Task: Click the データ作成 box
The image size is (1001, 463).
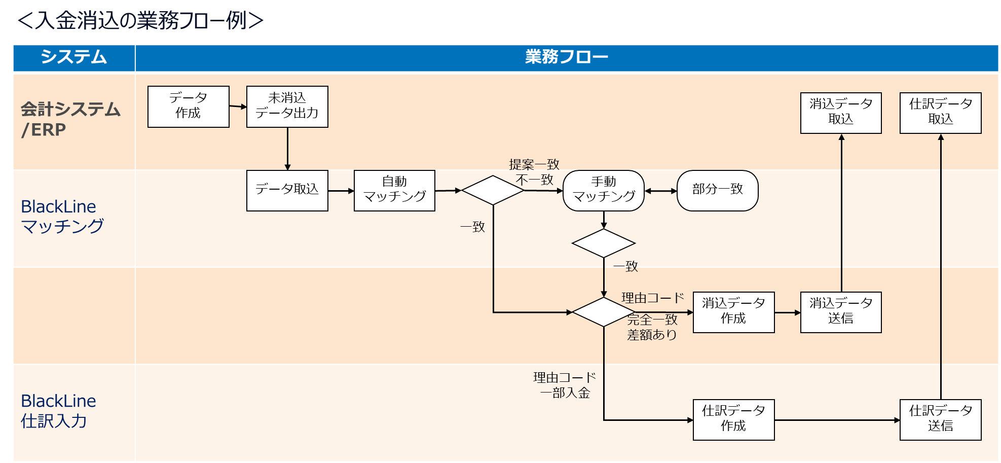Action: [x=188, y=106]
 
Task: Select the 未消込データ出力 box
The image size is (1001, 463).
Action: [x=287, y=106]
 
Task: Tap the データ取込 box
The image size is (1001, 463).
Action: [x=287, y=190]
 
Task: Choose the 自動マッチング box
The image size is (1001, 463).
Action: [x=394, y=190]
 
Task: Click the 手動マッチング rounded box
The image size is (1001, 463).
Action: [x=603, y=190]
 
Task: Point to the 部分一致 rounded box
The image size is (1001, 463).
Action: [x=717, y=190]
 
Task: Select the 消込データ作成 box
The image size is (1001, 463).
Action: [x=733, y=312]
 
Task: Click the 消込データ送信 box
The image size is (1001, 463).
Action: [x=841, y=312]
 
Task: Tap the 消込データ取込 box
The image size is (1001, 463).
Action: [x=841, y=113]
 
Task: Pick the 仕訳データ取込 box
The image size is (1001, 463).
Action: [x=940, y=113]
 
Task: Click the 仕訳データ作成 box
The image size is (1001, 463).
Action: [x=733, y=419]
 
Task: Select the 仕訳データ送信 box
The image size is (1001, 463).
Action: [x=940, y=419]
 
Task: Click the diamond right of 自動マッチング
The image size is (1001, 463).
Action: [x=492, y=190]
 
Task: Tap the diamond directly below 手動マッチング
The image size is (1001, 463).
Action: [x=603, y=243]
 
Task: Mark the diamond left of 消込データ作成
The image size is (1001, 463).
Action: [x=603, y=312]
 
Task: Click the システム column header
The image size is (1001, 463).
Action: [x=74, y=57]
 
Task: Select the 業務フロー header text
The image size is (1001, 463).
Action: [x=566, y=57]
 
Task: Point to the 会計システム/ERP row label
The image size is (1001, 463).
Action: [x=70, y=120]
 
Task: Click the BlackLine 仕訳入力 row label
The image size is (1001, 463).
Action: [x=58, y=411]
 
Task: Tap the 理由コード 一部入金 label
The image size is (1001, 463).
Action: [x=564, y=385]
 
